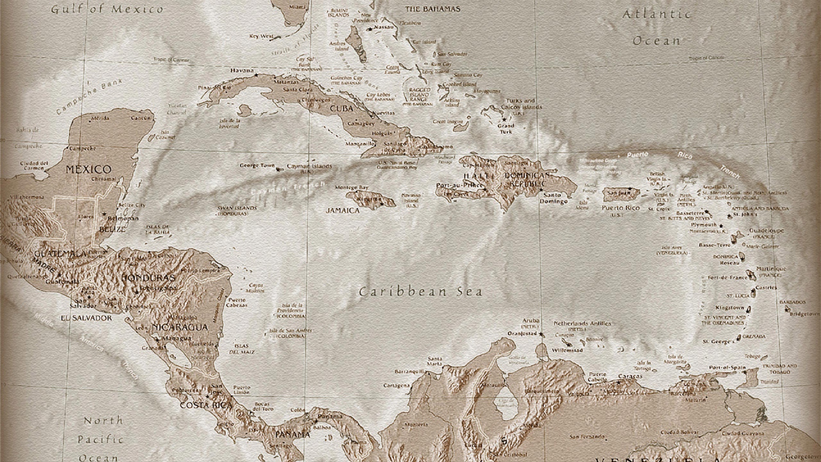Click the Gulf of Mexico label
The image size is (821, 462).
[x=107, y=9]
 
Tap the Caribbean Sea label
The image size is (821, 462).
[x=420, y=292]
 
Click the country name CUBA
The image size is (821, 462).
[x=341, y=109]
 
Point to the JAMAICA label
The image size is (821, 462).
[x=343, y=210]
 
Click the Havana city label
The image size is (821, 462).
[x=242, y=71]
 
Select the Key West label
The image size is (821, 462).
[x=261, y=36]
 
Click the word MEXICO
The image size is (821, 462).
[x=89, y=169]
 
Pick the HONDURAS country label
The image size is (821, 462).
[x=148, y=278]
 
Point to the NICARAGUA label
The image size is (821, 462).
[x=180, y=328]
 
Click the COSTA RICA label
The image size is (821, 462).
[x=206, y=405]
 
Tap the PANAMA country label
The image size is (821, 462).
[x=292, y=435]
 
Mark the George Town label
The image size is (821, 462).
[x=257, y=166]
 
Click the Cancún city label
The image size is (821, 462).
[x=141, y=118]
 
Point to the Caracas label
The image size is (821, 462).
[x=630, y=376]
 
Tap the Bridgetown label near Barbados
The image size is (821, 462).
[x=804, y=314]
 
